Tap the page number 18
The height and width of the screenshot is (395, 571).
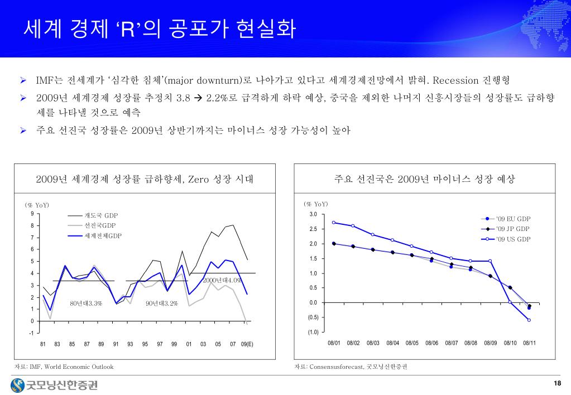556,383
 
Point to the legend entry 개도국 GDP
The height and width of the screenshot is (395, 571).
101,215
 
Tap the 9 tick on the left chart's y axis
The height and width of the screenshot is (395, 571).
32,214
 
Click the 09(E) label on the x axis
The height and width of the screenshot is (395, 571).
247,344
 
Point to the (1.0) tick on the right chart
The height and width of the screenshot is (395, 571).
312,332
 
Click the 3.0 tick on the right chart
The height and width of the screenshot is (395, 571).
313,215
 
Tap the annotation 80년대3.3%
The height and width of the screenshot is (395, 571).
86,304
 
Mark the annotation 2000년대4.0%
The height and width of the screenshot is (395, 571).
222,280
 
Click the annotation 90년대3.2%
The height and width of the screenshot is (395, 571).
161,304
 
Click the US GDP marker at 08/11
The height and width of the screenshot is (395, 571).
529,320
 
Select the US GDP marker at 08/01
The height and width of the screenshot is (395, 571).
333,223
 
